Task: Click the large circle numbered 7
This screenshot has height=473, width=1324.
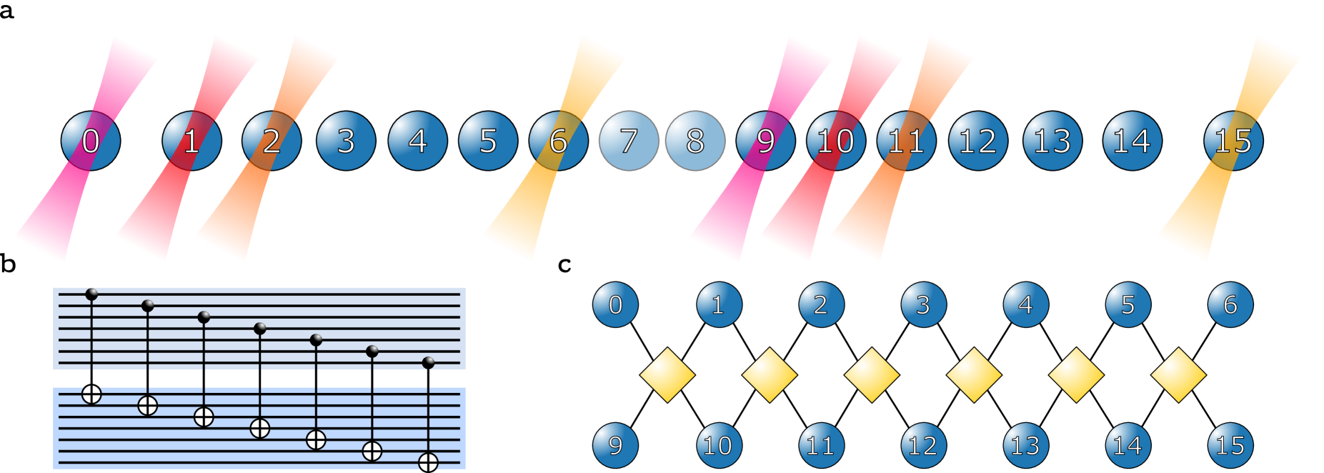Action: coord(629,141)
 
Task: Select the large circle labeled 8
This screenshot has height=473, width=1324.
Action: coord(695,141)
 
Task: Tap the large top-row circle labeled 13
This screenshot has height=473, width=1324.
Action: coord(1052,141)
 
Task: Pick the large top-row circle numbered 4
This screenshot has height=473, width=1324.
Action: coord(417,141)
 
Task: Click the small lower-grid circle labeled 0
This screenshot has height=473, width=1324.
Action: coord(615,304)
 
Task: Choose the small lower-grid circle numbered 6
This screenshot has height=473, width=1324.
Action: coord(1230,304)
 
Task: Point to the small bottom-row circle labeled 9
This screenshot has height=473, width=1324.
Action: coord(615,445)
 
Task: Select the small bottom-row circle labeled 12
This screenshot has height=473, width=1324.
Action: coord(923,445)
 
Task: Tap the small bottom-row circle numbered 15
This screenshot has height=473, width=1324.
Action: coord(1230,445)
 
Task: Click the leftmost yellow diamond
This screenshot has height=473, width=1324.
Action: coord(667,375)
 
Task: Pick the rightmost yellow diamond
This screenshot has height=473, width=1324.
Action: coord(1178,375)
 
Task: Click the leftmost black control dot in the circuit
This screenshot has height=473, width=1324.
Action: coord(91,294)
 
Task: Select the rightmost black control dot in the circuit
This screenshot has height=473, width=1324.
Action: coord(428,362)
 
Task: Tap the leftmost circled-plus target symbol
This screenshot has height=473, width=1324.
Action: coord(91,394)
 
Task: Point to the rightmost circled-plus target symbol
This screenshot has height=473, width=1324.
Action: coord(428,462)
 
